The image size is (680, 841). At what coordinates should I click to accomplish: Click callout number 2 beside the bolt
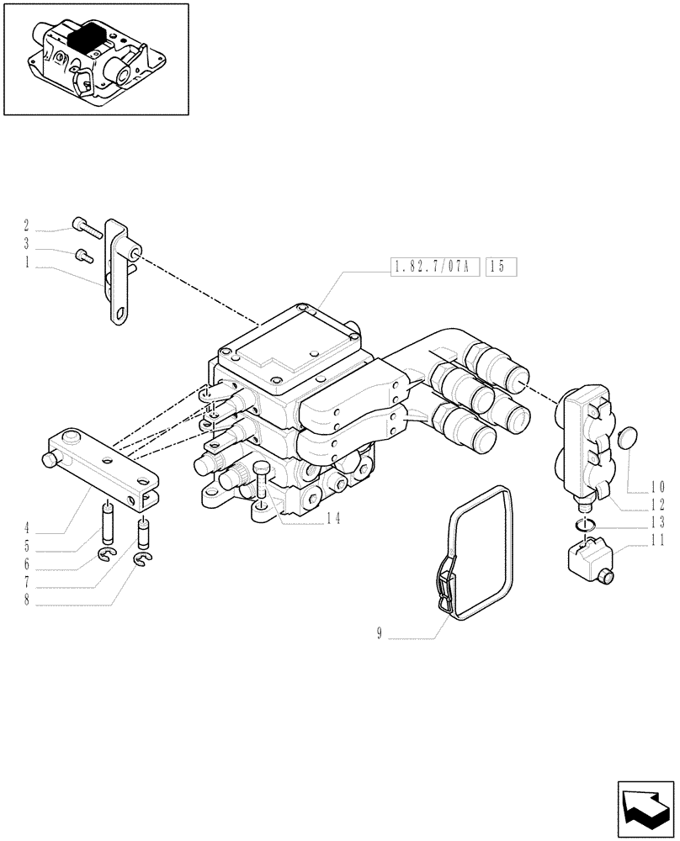click(x=26, y=225)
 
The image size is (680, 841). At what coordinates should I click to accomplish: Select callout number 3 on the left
click(x=26, y=244)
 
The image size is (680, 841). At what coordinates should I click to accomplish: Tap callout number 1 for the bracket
click(x=26, y=262)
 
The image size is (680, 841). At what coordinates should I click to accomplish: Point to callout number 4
click(x=26, y=528)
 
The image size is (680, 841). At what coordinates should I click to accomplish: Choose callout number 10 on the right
click(x=658, y=485)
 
